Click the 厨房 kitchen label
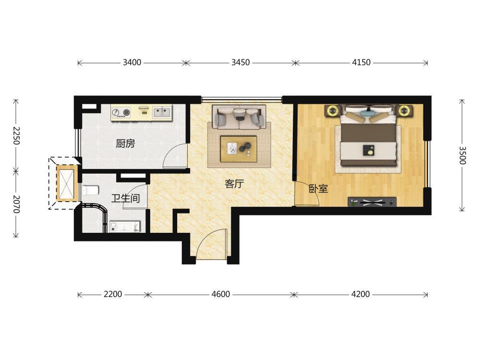click(x=125, y=143)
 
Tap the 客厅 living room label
click(x=234, y=184)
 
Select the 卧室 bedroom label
click(x=318, y=189)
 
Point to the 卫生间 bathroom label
click(x=125, y=198)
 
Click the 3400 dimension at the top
click(x=132, y=62)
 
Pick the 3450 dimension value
click(x=240, y=62)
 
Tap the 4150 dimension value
click(x=361, y=62)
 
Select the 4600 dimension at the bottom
click(x=221, y=294)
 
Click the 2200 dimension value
click(x=113, y=294)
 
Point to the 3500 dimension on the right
click(x=462, y=155)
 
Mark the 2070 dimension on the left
click(x=16, y=204)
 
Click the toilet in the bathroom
click(x=90, y=190)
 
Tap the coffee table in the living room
click(x=239, y=148)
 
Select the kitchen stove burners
click(x=121, y=112)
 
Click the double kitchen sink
click(x=162, y=112)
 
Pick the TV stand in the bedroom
click(x=372, y=202)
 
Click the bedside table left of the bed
click(x=333, y=110)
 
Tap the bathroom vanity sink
click(x=125, y=227)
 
